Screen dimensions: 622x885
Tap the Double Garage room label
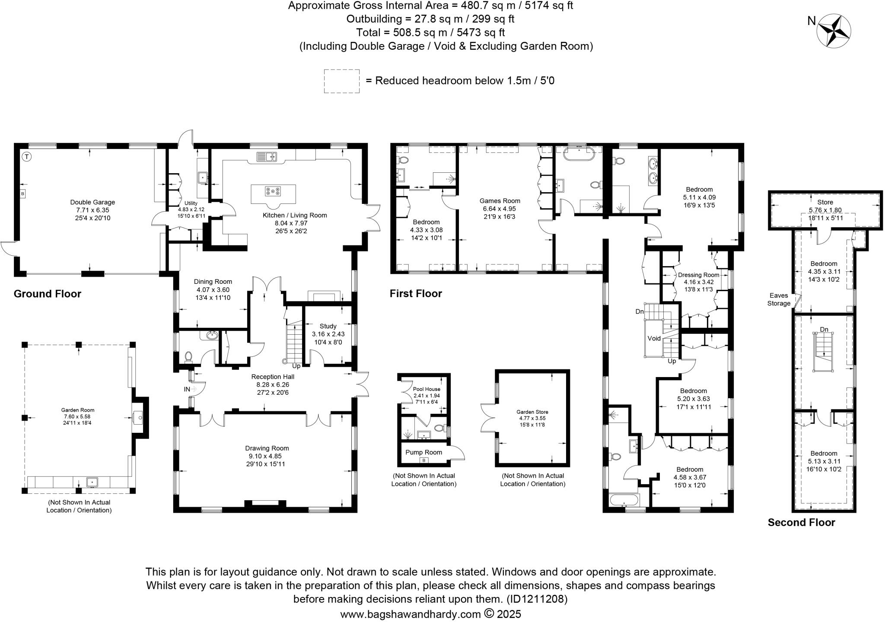coord(92,202)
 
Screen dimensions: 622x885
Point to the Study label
coord(328,326)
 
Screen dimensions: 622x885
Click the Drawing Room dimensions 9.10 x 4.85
coord(267,456)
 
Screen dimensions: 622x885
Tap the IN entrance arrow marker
coord(190,389)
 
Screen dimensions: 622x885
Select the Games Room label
coord(500,201)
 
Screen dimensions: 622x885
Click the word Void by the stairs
coord(654,338)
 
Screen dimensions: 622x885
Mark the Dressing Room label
coord(698,275)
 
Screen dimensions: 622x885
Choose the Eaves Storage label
coord(778,299)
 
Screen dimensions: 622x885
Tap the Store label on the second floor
coord(825,202)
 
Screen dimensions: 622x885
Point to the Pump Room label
coord(423,452)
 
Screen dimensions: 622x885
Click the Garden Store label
coord(532,412)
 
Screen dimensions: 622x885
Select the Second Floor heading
coord(801,523)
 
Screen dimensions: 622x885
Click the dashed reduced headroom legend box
coord(341,81)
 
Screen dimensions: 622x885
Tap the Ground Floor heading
coord(48,294)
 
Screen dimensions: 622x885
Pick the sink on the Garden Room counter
coord(92,482)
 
